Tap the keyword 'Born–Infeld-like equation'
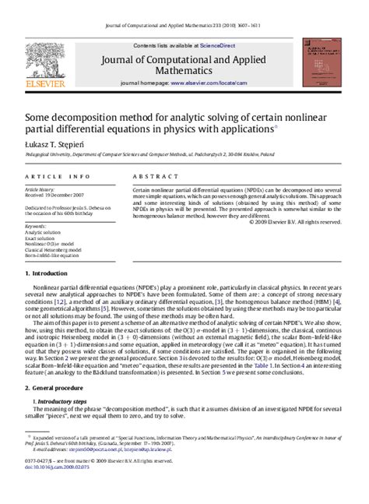[55, 256]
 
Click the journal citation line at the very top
[184, 7]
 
